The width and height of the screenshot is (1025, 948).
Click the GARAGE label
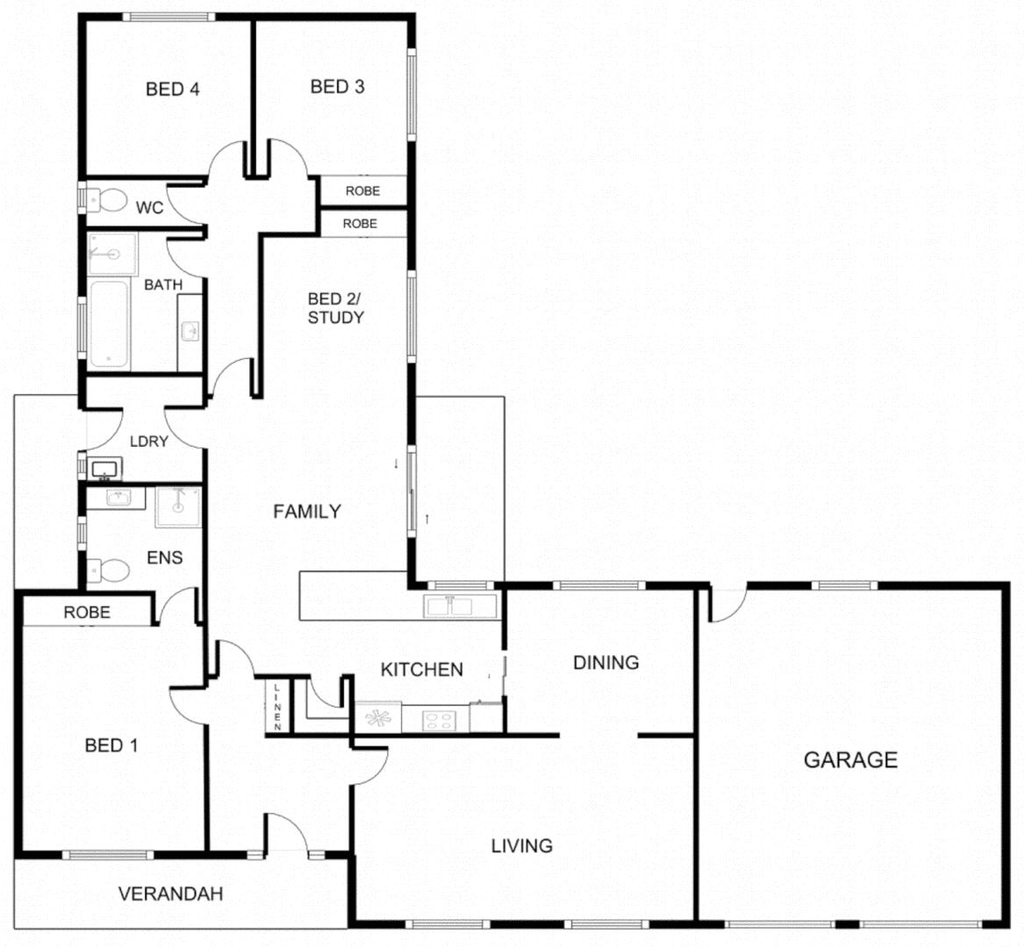tap(850, 759)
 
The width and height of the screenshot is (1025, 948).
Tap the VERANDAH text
tap(170, 894)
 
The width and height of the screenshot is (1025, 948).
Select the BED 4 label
tap(173, 89)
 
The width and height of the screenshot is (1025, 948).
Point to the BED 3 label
tap(337, 86)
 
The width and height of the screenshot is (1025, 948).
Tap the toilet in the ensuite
tap(109, 571)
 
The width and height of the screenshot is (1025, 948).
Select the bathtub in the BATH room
tap(109, 323)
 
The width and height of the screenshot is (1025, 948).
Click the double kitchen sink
tap(461, 605)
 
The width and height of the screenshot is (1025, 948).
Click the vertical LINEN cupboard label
tap(277, 707)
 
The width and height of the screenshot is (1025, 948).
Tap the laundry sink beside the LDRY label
tap(106, 469)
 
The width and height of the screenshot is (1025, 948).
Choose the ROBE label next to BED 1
tap(87, 612)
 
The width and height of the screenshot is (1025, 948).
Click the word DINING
tap(606, 662)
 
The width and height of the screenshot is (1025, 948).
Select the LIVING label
tap(521, 845)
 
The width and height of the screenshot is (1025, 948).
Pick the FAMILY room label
tap(306, 511)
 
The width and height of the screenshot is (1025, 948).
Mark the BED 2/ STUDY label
tap(335, 308)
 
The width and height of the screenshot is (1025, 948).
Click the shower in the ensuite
tap(178, 507)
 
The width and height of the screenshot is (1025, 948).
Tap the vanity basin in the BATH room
tap(190, 330)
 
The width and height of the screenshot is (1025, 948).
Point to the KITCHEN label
tap(421, 669)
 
